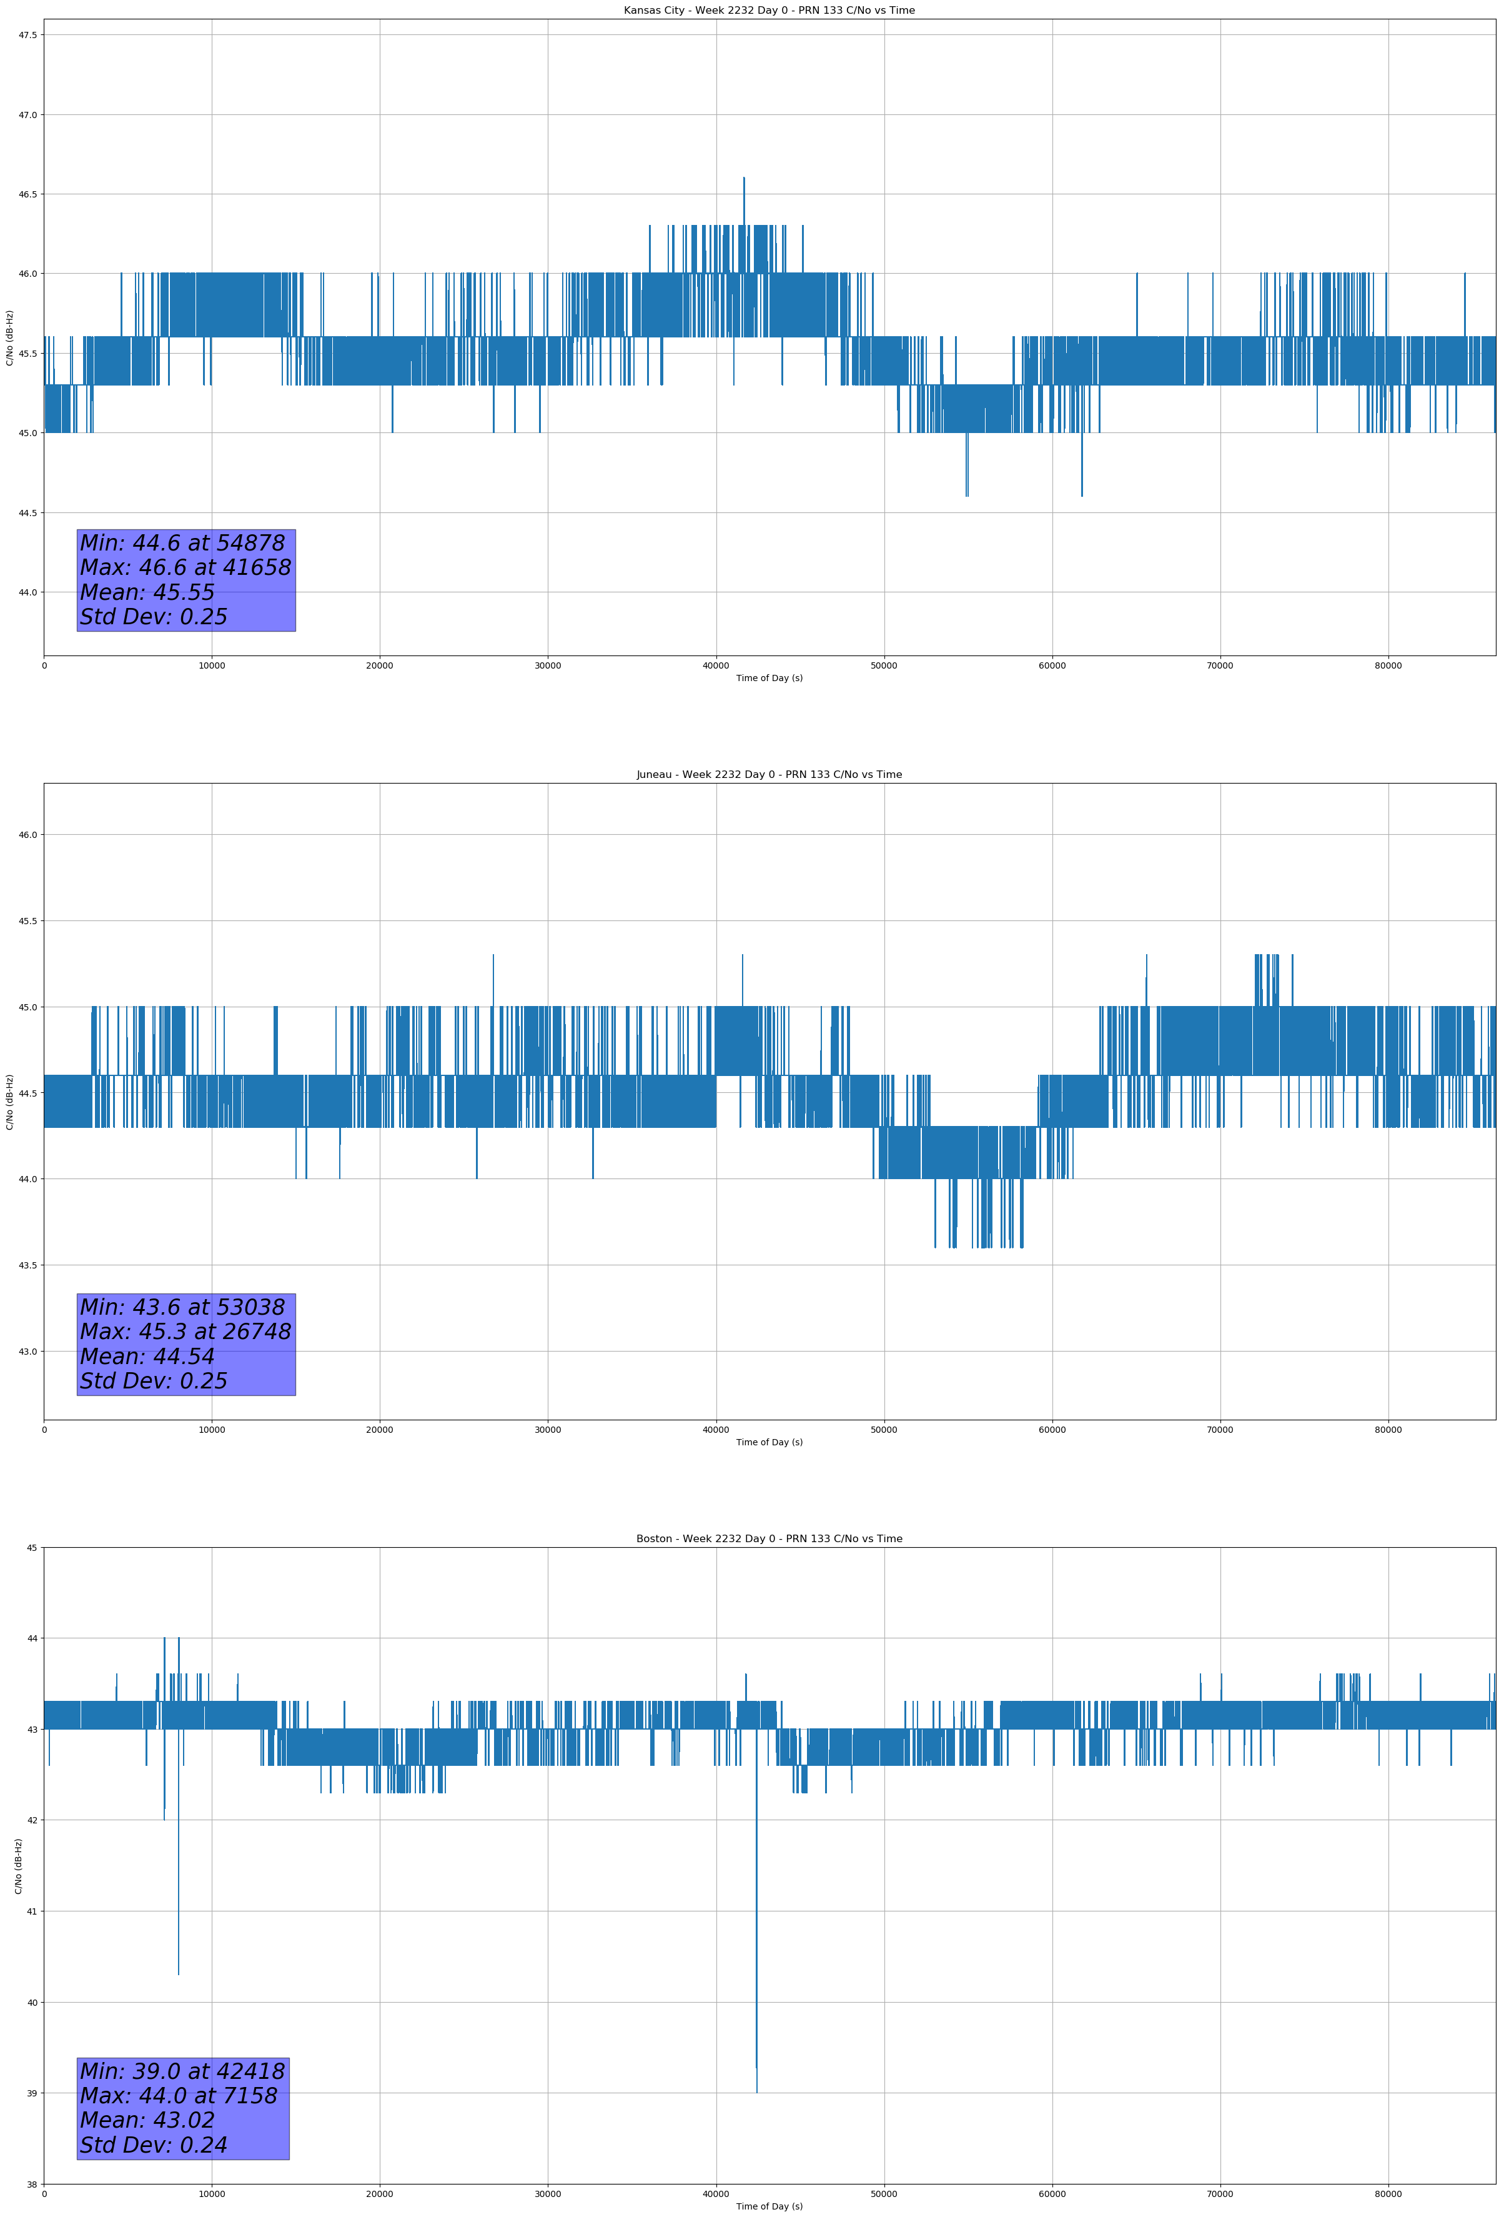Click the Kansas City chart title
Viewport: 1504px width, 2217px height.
click(769, 11)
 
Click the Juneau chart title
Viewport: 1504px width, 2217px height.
click(769, 775)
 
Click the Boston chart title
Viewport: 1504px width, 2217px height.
click(769, 1539)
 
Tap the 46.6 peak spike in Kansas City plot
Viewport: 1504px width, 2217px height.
click(744, 181)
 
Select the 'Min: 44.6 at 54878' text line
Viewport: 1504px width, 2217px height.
click(182, 543)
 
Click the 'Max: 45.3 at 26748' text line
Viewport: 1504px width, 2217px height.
click(185, 1332)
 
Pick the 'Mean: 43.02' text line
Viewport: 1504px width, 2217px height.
click(147, 2120)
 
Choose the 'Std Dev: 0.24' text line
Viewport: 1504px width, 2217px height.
click(154, 2145)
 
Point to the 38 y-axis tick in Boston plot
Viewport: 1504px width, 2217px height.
click(31, 2185)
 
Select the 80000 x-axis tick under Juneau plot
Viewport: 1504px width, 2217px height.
click(1388, 1430)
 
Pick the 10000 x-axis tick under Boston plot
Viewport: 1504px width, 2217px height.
click(212, 2194)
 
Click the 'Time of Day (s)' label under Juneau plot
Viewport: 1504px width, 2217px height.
click(769, 1442)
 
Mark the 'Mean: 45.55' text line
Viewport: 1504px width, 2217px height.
click(147, 592)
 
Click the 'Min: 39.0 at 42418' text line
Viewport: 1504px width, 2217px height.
click(182, 2071)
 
